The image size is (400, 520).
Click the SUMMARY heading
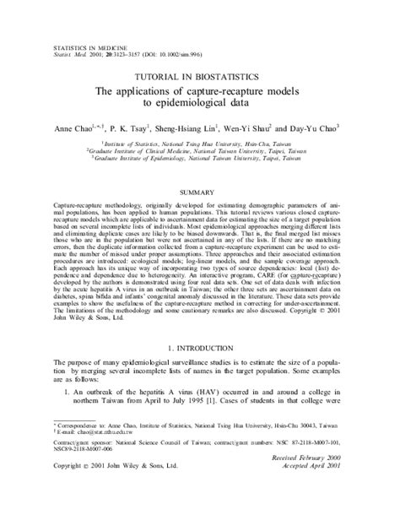coord(199,192)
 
